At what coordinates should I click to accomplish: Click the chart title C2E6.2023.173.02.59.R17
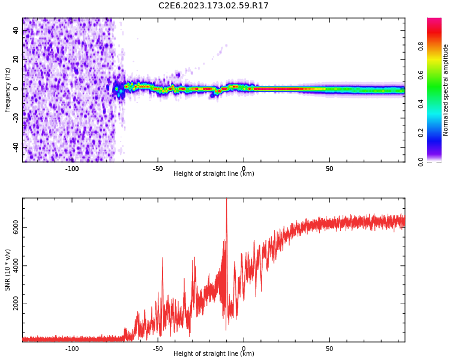(214, 6)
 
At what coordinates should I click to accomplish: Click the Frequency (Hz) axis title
(8, 90)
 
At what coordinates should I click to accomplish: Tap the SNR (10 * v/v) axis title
(8, 270)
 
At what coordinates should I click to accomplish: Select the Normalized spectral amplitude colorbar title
(446, 90)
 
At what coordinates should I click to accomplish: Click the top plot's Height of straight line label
(214, 174)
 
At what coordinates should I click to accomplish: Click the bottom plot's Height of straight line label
(214, 354)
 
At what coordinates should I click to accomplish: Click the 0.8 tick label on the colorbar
(421, 46)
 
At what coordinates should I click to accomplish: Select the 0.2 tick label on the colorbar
(421, 133)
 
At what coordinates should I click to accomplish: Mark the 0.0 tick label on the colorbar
(421, 162)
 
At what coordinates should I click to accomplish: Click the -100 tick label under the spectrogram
(72, 169)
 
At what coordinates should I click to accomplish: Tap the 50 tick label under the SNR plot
(329, 349)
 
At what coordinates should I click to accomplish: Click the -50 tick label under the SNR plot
(158, 349)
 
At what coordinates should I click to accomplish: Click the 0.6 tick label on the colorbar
(421, 75)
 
